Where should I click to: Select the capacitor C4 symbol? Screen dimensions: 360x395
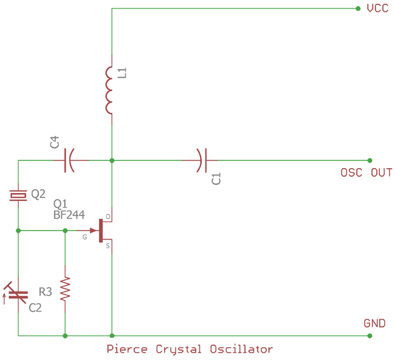pos(69,160)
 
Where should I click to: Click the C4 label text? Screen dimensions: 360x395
pos(55,143)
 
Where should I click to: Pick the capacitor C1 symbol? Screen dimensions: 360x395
pos(201,160)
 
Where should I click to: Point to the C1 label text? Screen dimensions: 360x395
pos(216,178)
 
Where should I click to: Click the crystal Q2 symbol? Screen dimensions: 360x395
pos(18,195)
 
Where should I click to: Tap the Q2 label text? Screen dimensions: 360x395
pos(38,194)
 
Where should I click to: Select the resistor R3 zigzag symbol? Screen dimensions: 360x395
pos(65,288)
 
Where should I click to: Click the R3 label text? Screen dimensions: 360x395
pos(46,292)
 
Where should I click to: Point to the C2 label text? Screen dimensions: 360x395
pos(35,308)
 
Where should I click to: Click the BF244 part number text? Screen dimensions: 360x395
pos(69,214)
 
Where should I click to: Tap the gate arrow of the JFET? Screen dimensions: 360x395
pos(94,230)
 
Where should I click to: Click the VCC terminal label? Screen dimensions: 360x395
pos(377,8)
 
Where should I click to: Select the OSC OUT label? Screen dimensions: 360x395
pos(366,173)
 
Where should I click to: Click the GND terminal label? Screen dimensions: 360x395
pos(374,323)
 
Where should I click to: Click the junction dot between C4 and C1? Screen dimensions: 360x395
pos(112,160)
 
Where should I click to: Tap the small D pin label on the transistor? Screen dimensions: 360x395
pos(108,217)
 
